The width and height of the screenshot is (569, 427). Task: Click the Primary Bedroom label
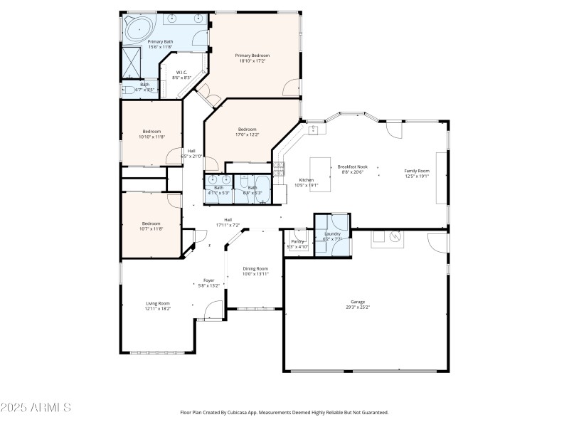click(252, 55)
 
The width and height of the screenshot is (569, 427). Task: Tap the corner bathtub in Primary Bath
click(138, 29)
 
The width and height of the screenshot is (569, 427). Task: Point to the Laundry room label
click(332, 233)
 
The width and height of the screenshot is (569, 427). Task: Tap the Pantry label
click(298, 241)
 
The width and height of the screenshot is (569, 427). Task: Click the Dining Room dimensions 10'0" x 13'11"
click(255, 274)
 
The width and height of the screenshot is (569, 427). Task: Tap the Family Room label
click(417, 171)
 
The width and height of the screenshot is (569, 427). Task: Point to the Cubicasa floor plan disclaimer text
click(284, 413)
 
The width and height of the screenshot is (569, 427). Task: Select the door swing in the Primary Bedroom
click(290, 88)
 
